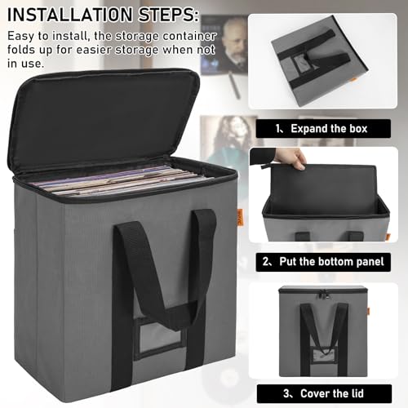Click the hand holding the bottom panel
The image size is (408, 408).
click(x=290, y=157)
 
